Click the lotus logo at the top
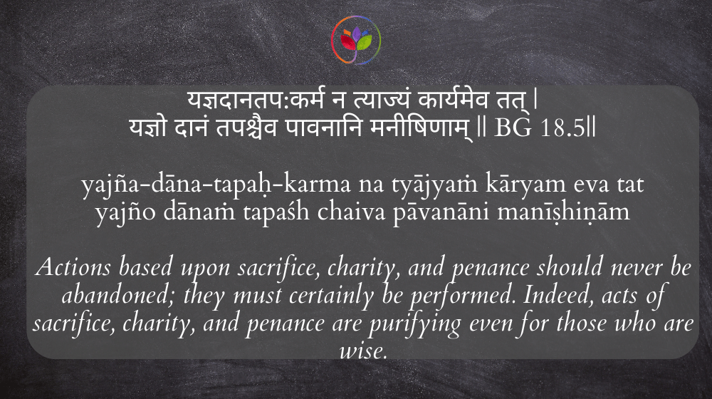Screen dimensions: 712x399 click(x=356, y=40)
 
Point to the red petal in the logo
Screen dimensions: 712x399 click(x=348, y=43)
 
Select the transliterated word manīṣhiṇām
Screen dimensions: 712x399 click(x=563, y=212)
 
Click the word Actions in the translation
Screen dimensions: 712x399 click(x=73, y=266)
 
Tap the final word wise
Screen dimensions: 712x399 click(x=363, y=351)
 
